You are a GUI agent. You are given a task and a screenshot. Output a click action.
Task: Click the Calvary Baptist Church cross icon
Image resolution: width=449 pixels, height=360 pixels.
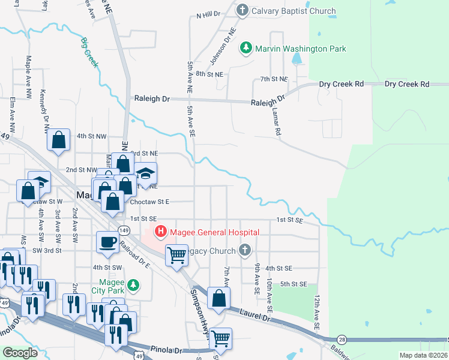pos(242,10)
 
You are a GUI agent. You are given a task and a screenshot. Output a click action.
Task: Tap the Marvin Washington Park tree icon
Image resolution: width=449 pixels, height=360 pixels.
pos(246,48)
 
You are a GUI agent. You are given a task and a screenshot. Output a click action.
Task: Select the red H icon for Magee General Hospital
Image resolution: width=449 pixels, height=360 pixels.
pos(161,232)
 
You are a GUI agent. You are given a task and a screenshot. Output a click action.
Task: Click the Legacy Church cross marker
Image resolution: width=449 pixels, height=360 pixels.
pos(244,250)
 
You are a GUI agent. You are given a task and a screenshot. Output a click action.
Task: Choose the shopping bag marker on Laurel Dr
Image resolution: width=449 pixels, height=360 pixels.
pos(220,298)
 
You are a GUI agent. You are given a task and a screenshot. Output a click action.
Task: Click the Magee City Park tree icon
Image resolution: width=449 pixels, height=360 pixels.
pos(135,284)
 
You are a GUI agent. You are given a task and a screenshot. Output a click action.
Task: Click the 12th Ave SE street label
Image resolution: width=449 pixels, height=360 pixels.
pos(316,311)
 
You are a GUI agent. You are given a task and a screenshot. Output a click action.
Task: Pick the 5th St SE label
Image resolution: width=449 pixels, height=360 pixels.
pos(294,284)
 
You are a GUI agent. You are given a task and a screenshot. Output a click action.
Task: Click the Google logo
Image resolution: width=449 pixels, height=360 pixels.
pos(20,353)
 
